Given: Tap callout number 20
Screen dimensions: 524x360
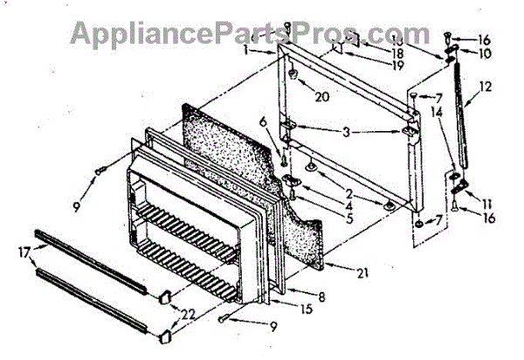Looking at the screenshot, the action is tap(322, 96).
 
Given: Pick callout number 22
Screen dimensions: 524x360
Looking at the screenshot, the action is tap(186, 312).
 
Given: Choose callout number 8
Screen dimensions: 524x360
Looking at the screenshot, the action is tap(322, 296).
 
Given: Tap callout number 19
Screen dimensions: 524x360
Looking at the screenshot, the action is tap(397, 65).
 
